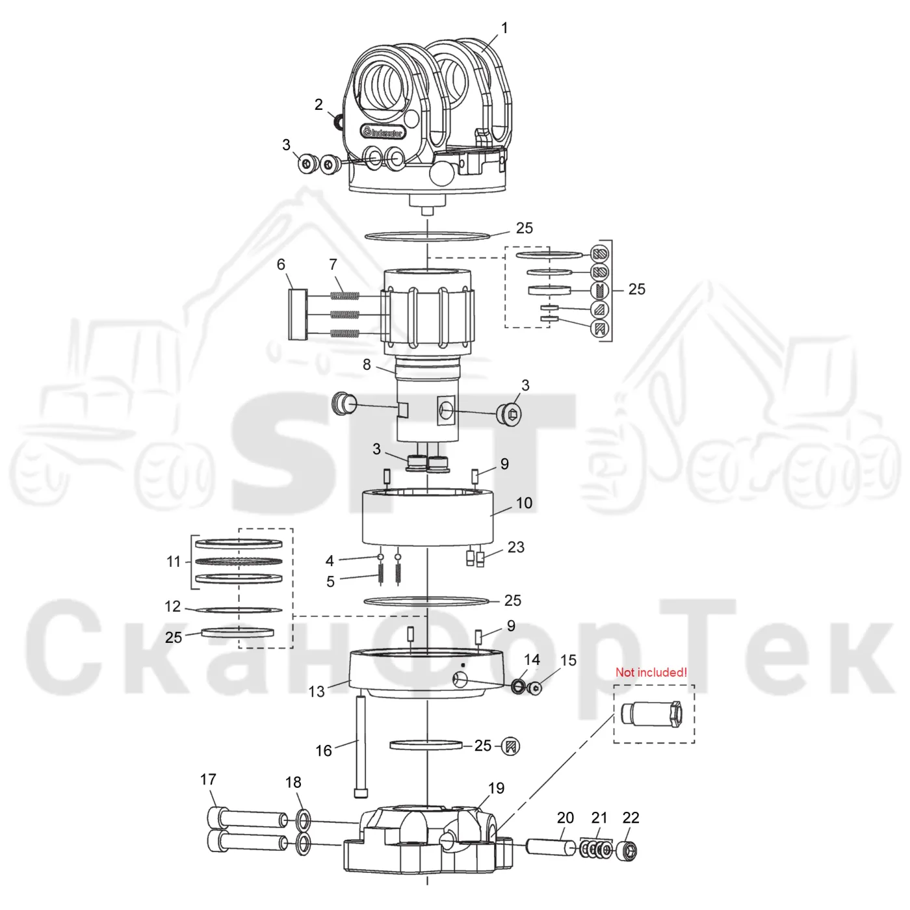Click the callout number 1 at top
pos(504,29)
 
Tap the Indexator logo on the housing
pos(382,132)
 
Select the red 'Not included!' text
pos(651,672)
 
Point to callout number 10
pos(524,503)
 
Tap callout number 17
pos(208,779)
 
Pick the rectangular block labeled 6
pos(298,315)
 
